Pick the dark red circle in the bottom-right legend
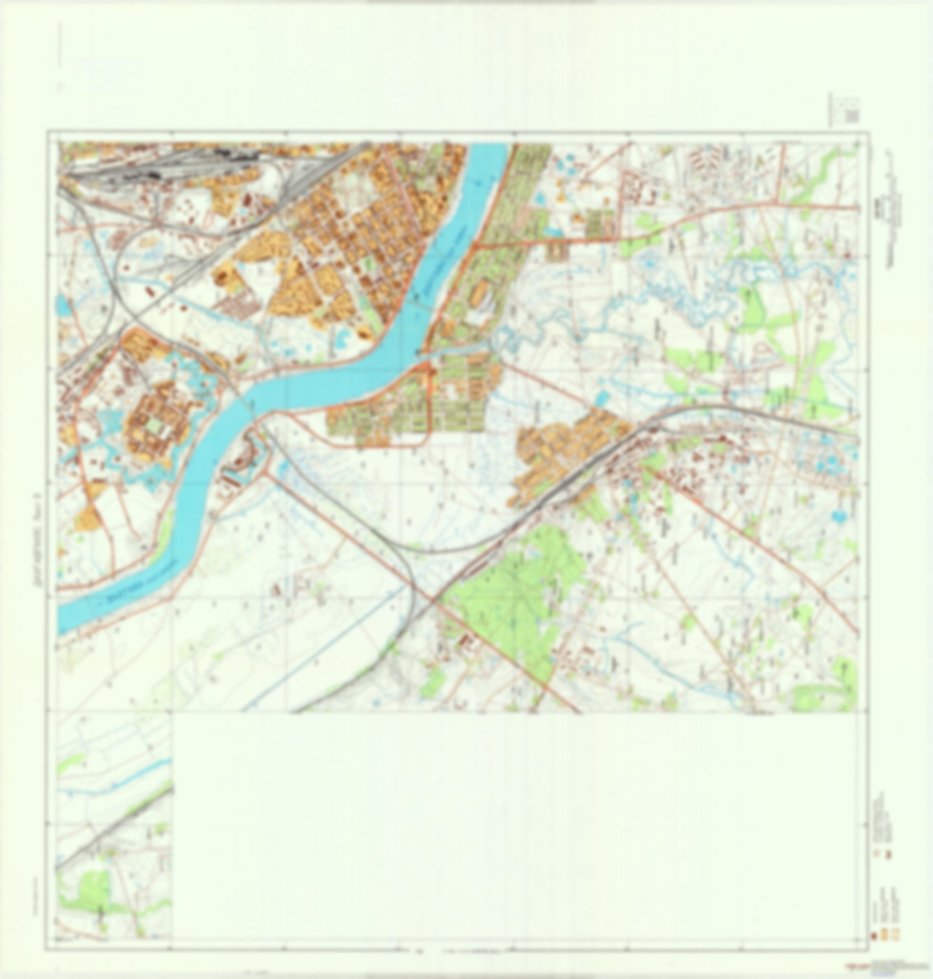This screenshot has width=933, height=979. point(872,935)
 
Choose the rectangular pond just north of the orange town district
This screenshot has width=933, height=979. point(601,396)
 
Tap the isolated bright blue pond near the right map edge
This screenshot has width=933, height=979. point(838,516)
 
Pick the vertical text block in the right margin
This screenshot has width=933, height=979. point(894,194)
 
